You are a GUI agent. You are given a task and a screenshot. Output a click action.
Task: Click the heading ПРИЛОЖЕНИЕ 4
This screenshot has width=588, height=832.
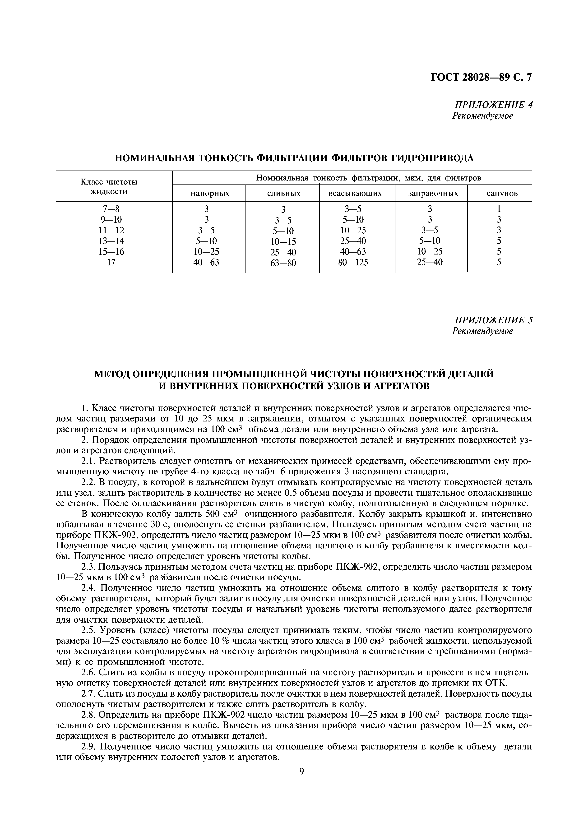click(x=493, y=105)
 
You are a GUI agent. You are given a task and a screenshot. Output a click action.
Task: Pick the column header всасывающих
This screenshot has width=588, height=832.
click(x=355, y=194)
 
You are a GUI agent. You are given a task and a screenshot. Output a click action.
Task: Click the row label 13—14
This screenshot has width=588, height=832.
click(x=111, y=241)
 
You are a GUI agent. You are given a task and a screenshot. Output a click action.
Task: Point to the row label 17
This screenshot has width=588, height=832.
click(x=111, y=262)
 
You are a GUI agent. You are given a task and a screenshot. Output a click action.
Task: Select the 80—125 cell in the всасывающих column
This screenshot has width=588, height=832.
click(x=353, y=262)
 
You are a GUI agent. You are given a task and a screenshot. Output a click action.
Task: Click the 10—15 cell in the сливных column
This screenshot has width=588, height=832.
click(x=283, y=242)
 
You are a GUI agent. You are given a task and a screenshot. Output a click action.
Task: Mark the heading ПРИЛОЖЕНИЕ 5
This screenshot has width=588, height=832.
click(x=493, y=320)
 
